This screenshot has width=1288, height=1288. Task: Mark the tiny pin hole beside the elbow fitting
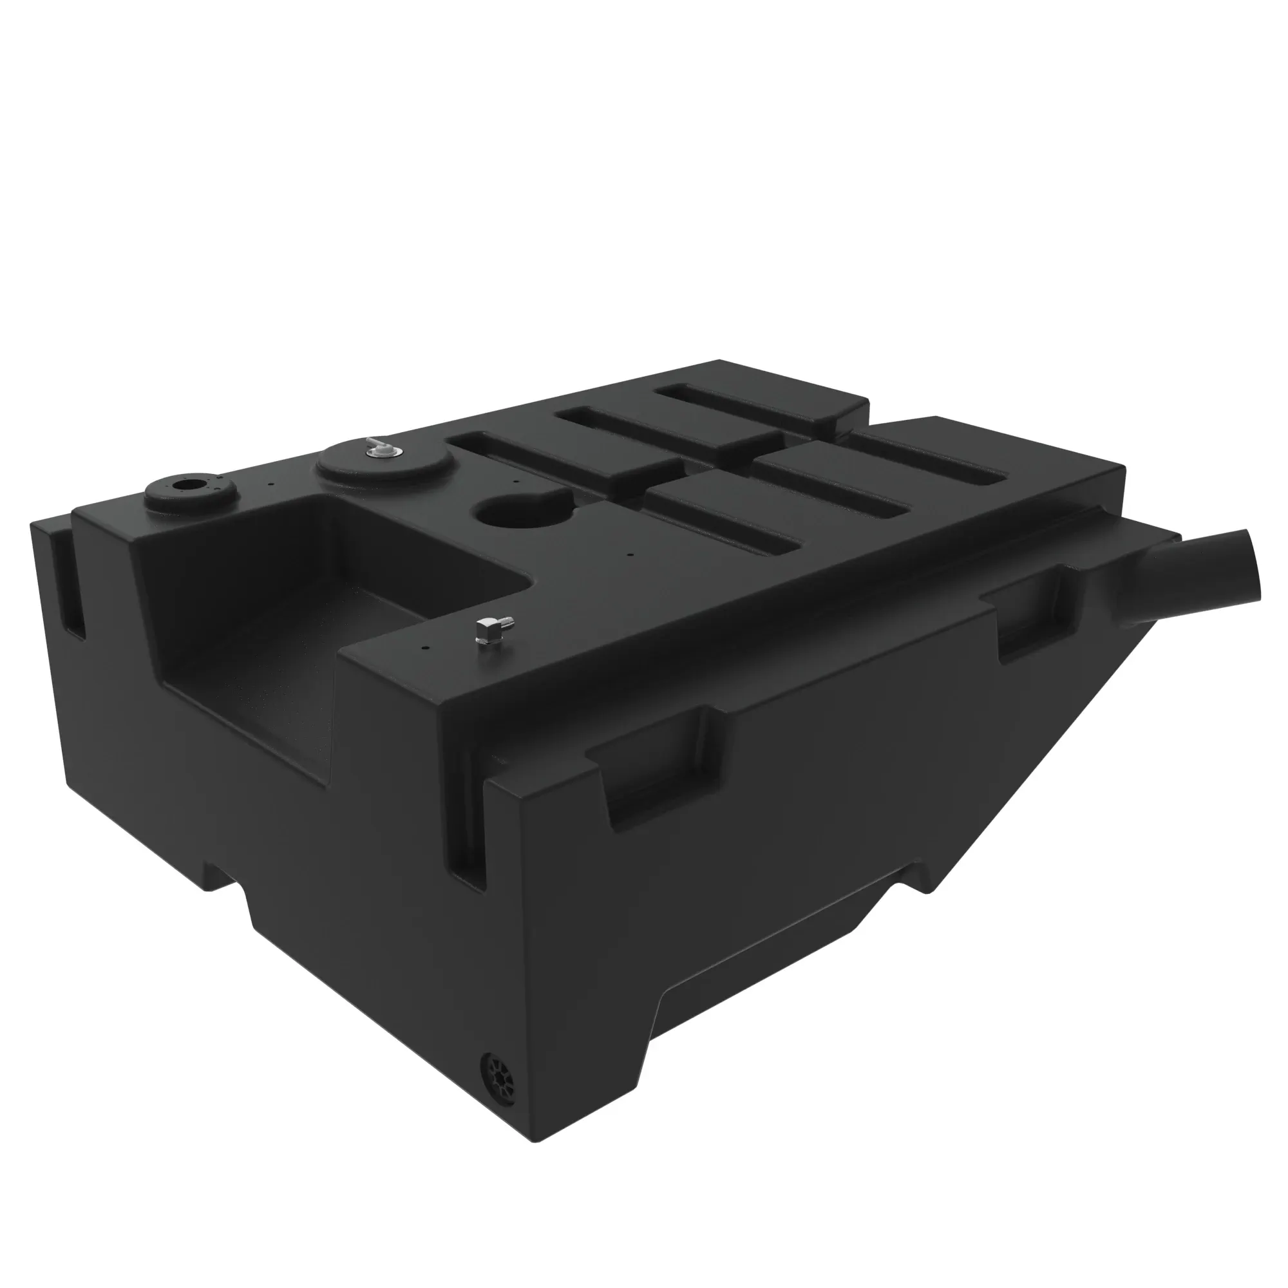tap(424, 645)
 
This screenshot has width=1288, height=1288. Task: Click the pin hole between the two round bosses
tap(270, 486)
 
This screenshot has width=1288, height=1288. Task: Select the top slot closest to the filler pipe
tap(933, 460)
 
